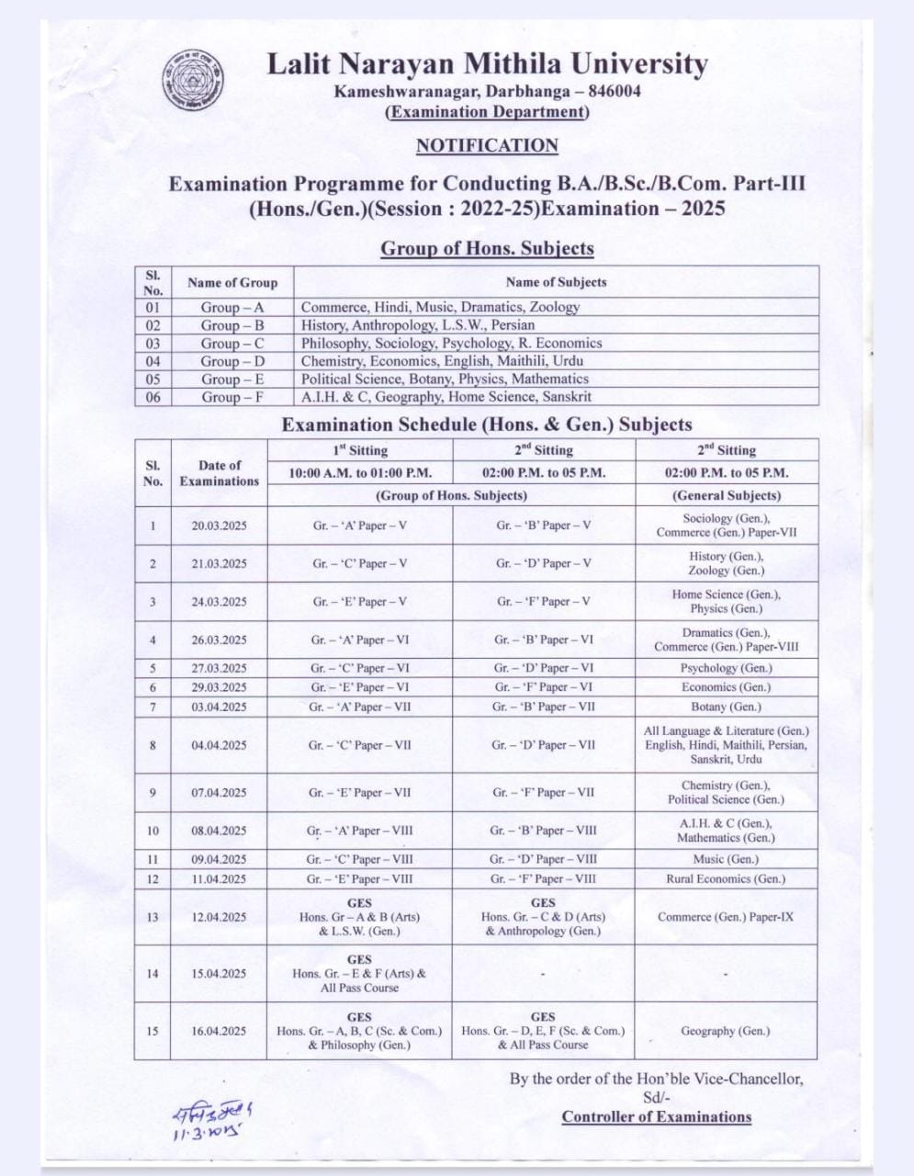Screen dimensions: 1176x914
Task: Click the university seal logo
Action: (192, 80)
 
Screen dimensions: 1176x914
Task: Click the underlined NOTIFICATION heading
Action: (487, 145)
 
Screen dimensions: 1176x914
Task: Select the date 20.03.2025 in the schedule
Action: (219, 526)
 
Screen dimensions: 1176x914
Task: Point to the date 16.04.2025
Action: (219, 1031)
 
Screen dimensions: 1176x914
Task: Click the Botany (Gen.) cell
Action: (726, 707)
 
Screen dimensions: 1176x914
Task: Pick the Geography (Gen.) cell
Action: (726, 1031)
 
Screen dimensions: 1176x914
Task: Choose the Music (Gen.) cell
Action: (726, 859)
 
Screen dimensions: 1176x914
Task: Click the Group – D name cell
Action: (232, 361)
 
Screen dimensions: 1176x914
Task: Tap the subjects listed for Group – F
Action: (446, 397)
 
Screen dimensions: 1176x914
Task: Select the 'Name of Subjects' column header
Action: (556, 282)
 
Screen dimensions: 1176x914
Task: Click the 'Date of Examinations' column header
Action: (220, 473)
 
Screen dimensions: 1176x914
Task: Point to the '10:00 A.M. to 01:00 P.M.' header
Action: (359, 473)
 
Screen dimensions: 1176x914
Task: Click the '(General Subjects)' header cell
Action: (726, 495)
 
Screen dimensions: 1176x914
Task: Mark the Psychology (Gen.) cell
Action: (726, 668)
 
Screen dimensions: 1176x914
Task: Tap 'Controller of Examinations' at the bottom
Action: (657, 1117)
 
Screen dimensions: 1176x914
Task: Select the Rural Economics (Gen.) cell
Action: (726, 878)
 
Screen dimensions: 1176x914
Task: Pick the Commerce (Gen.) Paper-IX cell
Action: (726, 917)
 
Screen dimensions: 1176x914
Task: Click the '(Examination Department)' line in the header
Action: (487, 112)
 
